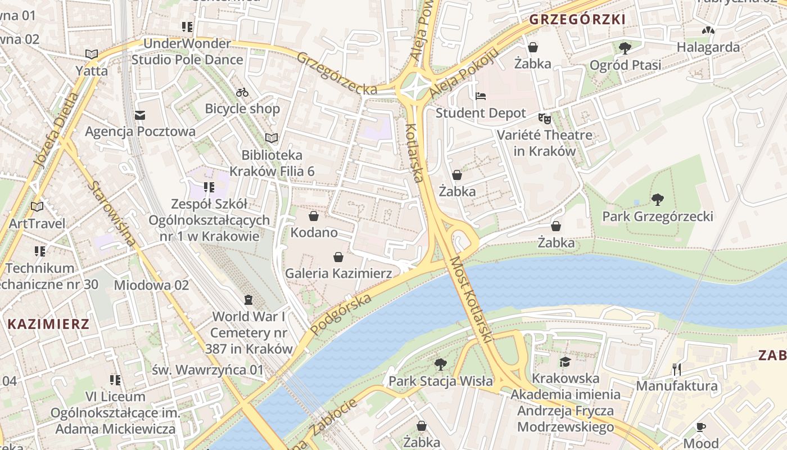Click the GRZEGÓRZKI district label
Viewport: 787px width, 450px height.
(577, 19)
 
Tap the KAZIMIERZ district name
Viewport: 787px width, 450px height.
(49, 324)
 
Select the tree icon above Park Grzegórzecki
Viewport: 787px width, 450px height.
(657, 200)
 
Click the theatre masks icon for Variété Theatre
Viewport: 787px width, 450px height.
(544, 118)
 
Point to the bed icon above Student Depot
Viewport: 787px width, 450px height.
(481, 96)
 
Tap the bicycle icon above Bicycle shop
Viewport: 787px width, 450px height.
(242, 92)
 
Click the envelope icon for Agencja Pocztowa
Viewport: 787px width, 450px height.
(140, 115)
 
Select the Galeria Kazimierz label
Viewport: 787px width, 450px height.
(338, 273)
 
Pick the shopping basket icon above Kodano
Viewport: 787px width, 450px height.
(314, 216)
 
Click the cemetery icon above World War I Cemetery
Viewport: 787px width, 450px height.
(248, 300)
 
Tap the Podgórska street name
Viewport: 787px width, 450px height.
(341, 313)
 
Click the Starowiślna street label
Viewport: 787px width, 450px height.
(112, 213)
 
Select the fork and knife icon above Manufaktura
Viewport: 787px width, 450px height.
(677, 370)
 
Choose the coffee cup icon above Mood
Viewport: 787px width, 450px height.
(700, 427)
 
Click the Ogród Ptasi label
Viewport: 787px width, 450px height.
(625, 65)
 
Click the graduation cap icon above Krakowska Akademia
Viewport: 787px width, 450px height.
(565, 362)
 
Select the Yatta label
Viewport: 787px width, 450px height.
(92, 71)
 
